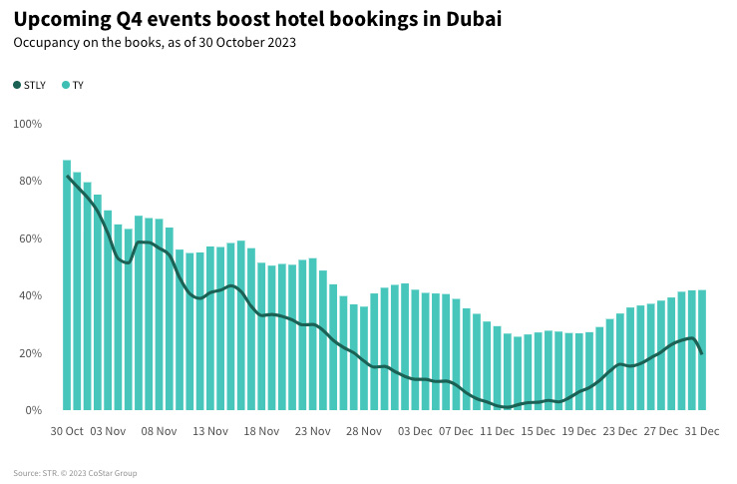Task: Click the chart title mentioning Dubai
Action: point(257,19)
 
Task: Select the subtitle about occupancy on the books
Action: point(155,43)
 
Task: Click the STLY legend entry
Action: point(30,86)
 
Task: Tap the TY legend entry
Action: point(73,86)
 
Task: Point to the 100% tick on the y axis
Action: point(28,124)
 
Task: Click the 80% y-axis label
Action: point(30,182)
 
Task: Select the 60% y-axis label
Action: point(30,239)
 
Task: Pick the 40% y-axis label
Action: point(30,296)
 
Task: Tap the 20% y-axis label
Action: point(30,353)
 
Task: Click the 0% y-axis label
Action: point(33,410)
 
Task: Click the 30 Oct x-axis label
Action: point(67,431)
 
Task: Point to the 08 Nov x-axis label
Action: point(160,431)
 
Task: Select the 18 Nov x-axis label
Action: point(262,431)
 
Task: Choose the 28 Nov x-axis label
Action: point(364,431)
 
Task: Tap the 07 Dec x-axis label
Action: point(457,431)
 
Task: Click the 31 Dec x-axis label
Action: point(702,431)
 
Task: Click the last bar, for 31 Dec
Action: point(702,350)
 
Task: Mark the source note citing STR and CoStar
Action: point(76,473)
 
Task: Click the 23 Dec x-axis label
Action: point(620,431)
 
